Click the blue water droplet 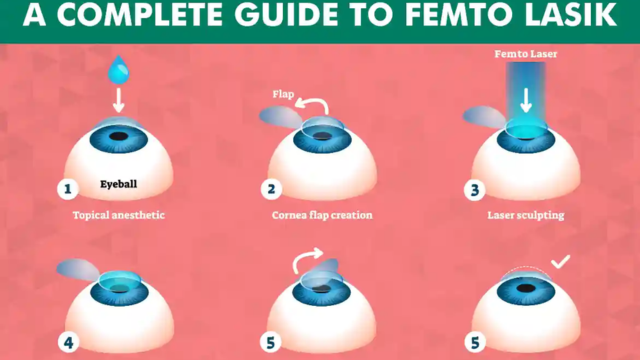point(118,71)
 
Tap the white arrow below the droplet point(119,100)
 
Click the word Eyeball point(118,184)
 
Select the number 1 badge point(68,189)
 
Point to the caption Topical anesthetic point(119,215)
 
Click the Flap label point(283,94)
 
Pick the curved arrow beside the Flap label point(313,105)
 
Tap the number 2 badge point(271,189)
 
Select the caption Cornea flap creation point(322,215)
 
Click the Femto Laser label point(526,54)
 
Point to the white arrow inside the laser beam point(526,100)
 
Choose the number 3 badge point(475,190)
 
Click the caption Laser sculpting point(526,215)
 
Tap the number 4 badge point(68,342)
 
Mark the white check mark point(560,262)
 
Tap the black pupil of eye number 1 point(118,136)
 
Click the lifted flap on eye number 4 point(78,270)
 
